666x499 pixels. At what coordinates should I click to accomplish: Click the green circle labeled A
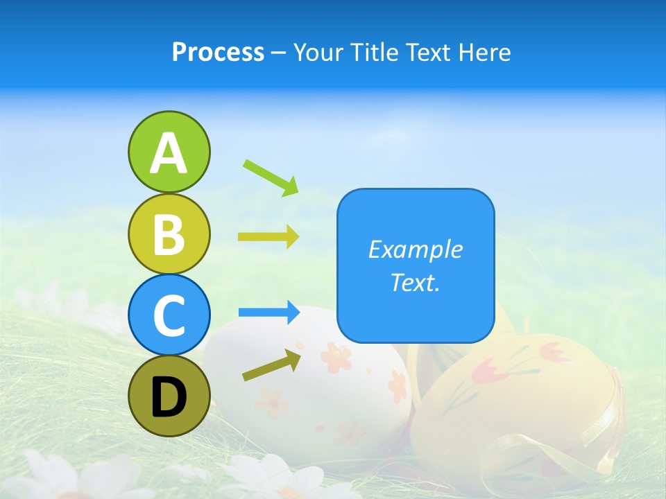[169, 152]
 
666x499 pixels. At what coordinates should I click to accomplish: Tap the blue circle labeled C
[169, 315]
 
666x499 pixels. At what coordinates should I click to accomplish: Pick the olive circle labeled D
[169, 396]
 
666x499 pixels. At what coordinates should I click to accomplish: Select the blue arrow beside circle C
[268, 313]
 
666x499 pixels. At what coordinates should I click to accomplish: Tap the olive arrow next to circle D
[272, 365]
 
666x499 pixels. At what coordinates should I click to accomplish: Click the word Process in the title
[218, 53]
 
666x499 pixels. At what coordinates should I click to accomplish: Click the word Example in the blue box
[415, 249]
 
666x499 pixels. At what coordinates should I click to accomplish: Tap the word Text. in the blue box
[415, 282]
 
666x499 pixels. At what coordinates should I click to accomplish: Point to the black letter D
[169, 398]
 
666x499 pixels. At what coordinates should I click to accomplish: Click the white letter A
[169, 153]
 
